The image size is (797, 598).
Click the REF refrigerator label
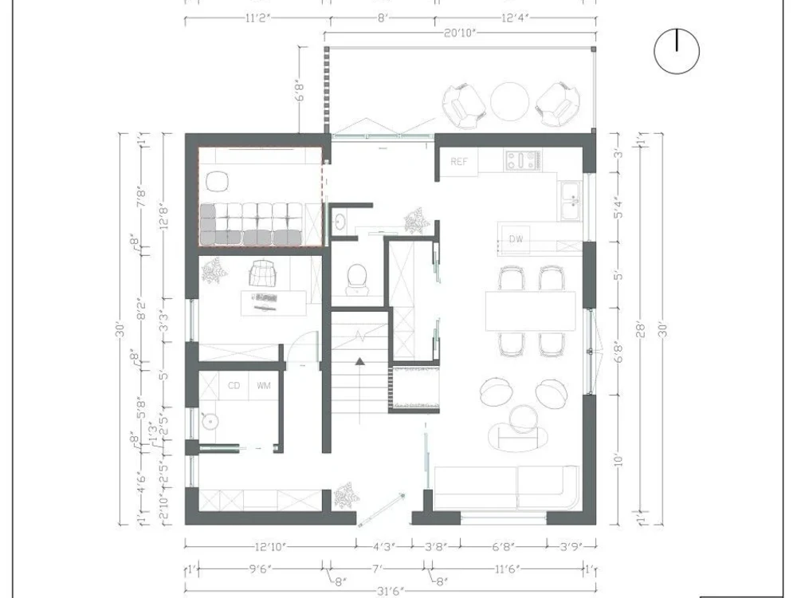coord(460,162)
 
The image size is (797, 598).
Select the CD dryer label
coord(234,386)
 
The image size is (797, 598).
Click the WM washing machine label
coord(263,386)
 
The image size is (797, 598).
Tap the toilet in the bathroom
coord(357,277)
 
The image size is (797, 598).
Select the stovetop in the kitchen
coord(523,161)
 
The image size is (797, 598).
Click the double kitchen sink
coord(571,200)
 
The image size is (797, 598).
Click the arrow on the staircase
coord(359,362)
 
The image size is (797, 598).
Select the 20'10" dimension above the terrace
coord(459,33)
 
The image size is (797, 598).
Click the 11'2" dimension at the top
coord(257,14)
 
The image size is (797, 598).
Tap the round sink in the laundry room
coord(210,420)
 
